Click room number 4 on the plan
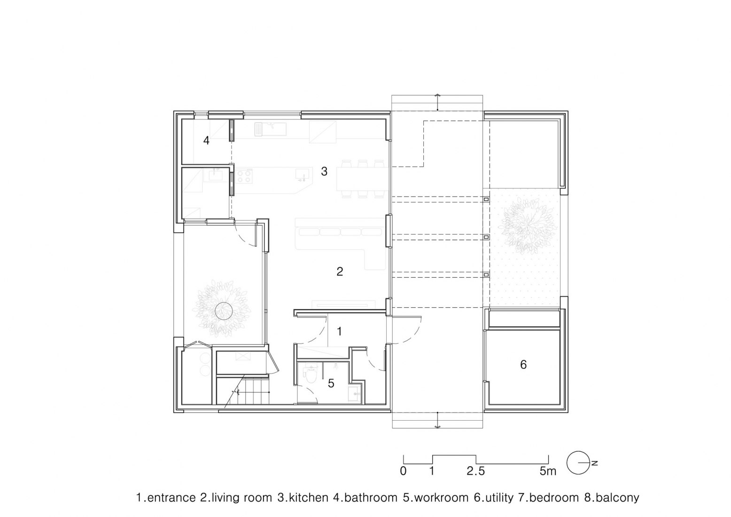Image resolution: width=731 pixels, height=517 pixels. pos(206,140)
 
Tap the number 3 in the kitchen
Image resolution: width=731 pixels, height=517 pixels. pos(324,172)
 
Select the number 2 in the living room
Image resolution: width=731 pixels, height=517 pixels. pos(340,271)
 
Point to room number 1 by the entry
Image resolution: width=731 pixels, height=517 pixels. pos(339,331)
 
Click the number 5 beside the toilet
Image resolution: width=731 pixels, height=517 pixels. pos(331,384)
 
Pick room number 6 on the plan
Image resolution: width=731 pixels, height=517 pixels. pos(523,364)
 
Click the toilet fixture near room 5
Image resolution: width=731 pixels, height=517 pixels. pos(310,375)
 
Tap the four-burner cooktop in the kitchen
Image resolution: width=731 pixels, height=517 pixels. pos(244,176)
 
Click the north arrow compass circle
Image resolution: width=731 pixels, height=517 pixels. pos(577,463)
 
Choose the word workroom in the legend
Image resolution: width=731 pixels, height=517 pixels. pos(440,498)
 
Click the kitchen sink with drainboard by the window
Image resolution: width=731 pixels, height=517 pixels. pos(270,128)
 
